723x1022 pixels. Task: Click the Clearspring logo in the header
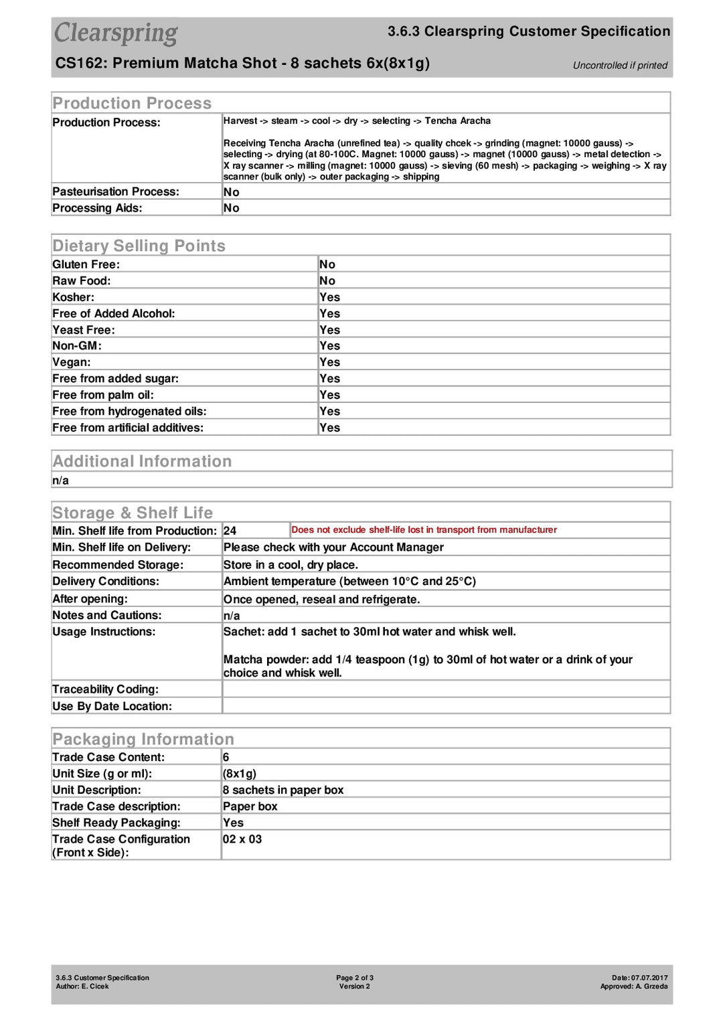pyautogui.click(x=116, y=33)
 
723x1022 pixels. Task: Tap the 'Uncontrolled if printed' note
pyautogui.click(x=620, y=66)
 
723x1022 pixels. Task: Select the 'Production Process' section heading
pyautogui.click(x=132, y=103)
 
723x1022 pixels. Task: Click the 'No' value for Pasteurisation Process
pyautogui.click(x=232, y=192)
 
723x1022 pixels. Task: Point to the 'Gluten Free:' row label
pyautogui.click(x=86, y=264)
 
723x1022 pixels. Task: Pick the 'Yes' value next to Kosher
pyautogui.click(x=329, y=297)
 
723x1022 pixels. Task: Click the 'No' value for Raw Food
pyautogui.click(x=327, y=281)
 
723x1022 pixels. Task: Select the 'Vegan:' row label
pyautogui.click(x=72, y=362)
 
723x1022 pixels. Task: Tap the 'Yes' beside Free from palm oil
pyautogui.click(x=329, y=395)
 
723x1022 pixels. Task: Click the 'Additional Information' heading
pyautogui.click(x=142, y=461)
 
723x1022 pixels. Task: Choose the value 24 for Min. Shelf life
pyautogui.click(x=230, y=531)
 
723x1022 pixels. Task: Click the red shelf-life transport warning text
pyautogui.click(x=424, y=530)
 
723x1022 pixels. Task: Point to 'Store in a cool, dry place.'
pyautogui.click(x=291, y=565)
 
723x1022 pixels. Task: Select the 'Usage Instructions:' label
pyautogui.click(x=104, y=632)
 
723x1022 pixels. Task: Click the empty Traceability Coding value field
pyautogui.click(x=445, y=689)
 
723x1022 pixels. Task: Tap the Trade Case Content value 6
pyautogui.click(x=226, y=758)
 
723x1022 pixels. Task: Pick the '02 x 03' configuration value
pyautogui.click(x=242, y=839)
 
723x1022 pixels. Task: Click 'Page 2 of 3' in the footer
pyautogui.click(x=355, y=978)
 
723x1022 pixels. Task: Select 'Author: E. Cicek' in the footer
pyautogui.click(x=82, y=987)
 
